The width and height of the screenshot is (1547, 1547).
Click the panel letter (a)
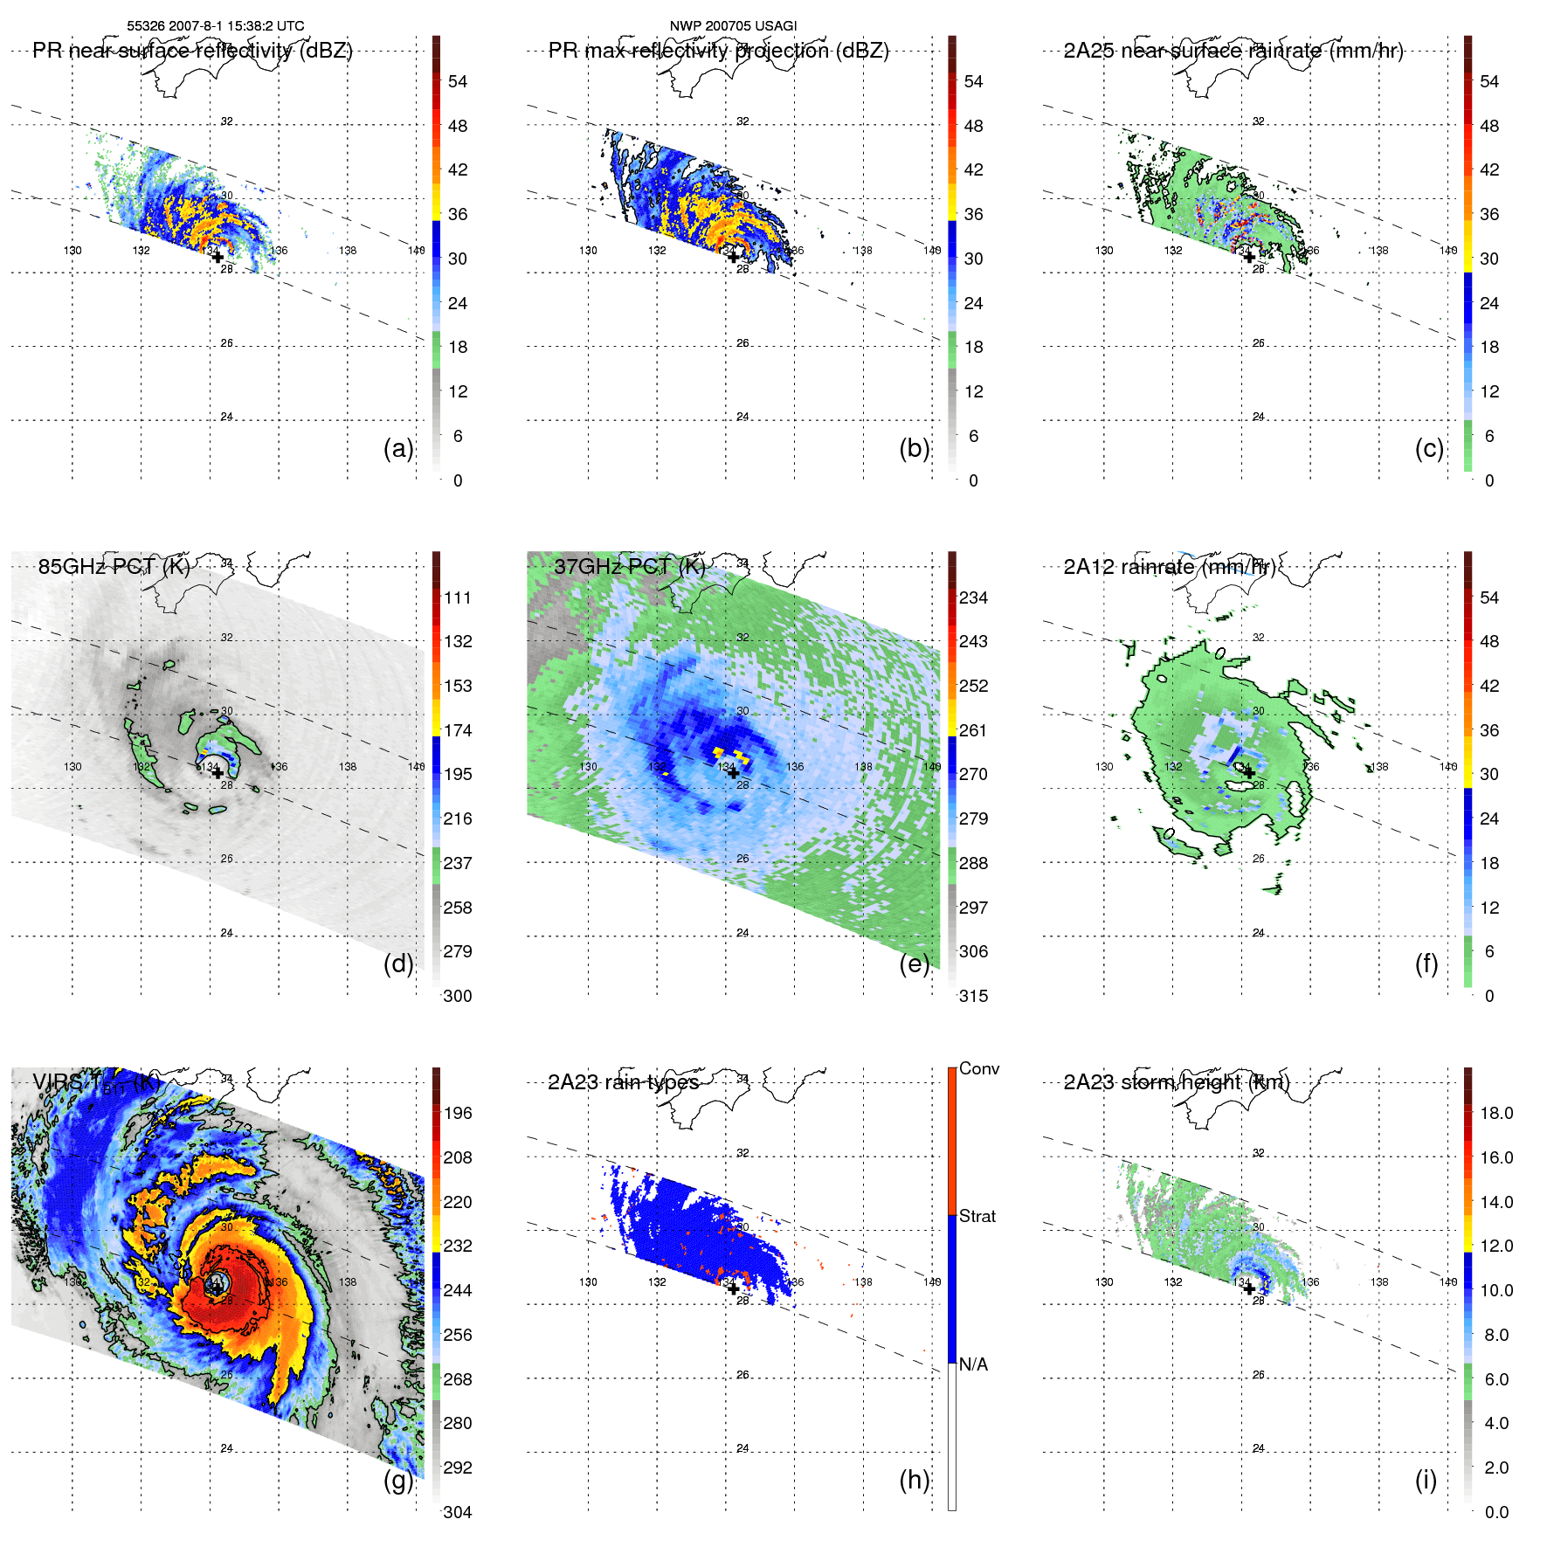[x=397, y=449]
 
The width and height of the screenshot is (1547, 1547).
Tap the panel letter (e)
[x=914, y=964]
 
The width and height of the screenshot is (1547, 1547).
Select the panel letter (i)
[x=1426, y=1480]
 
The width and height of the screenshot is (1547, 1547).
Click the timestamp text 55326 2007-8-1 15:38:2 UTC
[x=216, y=26]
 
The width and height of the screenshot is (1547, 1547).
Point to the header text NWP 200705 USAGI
[x=733, y=26]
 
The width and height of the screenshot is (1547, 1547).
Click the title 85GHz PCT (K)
[x=114, y=567]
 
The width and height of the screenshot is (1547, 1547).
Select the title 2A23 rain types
[x=623, y=1082]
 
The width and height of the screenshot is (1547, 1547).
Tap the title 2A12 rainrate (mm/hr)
[x=1169, y=567]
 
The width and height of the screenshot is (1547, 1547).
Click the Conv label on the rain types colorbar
[x=978, y=1068]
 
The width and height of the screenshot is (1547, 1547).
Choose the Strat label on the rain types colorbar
[x=977, y=1216]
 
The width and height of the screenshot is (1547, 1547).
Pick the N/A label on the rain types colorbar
[x=973, y=1364]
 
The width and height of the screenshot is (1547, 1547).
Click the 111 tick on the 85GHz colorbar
[x=458, y=597]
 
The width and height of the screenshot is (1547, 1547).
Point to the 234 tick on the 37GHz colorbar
[x=973, y=597]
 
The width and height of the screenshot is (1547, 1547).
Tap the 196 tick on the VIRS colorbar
[x=458, y=1113]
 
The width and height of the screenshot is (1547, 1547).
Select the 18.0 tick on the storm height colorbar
[x=1495, y=1113]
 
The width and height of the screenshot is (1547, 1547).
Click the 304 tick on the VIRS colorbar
[x=458, y=1512]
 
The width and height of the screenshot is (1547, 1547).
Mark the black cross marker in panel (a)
[x=218, y=257]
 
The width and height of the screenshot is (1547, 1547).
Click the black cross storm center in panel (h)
[x=733, y=1288]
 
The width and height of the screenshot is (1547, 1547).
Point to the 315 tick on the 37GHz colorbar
[x=973, y=996]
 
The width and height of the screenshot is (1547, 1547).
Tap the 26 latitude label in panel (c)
[x=1258, y=343]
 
